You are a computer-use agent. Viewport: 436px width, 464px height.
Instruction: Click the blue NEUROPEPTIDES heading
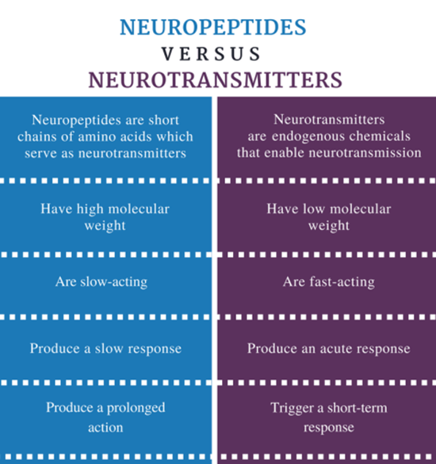pos(213,27)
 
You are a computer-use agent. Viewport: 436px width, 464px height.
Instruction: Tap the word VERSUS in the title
pos(211,54)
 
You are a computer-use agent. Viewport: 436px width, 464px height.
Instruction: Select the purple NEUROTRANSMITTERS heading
pos(216,80)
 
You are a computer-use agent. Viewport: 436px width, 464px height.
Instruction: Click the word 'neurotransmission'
pos(365,153)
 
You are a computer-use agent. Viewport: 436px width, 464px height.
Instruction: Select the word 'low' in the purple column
pos(311,209)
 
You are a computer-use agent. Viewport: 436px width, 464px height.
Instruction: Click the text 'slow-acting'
pos(114,282)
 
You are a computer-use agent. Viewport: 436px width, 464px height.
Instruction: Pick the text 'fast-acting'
pos(342,282)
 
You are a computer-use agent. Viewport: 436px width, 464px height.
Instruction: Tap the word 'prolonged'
pos(136,408)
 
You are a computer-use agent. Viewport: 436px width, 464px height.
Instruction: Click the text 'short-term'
pos(358,408)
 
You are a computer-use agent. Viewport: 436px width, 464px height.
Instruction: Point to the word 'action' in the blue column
pos(105,428)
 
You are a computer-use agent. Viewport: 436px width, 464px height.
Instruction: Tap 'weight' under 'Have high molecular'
pos(105,226)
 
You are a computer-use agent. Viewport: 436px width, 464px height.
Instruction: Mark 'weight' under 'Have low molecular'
pos(329,226)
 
